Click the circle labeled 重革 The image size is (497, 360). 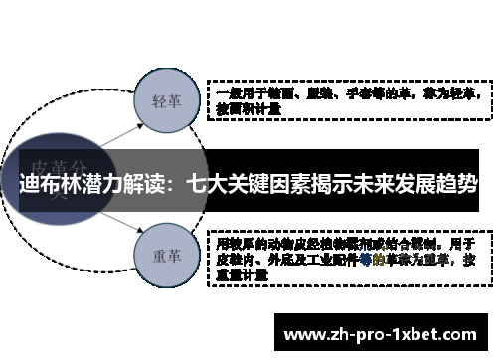[164, 255]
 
